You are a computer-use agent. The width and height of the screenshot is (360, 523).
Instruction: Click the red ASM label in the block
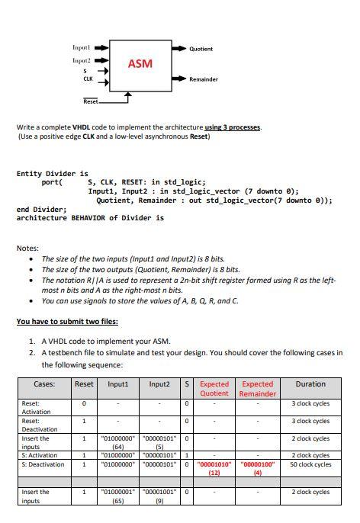coord(140,64)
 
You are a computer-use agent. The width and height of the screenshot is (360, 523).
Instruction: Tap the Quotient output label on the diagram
coord(201,49)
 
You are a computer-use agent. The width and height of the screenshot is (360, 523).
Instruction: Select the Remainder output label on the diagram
coord(203,79)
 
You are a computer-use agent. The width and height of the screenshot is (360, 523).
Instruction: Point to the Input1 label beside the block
coord(81,47)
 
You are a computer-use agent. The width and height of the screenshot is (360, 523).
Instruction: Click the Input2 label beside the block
coord(81,59)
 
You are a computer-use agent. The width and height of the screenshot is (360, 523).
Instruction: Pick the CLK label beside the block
coord(87,79)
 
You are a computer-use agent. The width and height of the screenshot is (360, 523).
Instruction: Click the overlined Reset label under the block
coord(90,101)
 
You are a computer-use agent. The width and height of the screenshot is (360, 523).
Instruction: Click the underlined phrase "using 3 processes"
coord(233,127)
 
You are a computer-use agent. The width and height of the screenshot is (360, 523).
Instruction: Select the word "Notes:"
coord(27,248)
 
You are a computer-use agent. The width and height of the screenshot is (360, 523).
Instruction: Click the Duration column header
coord(310,383)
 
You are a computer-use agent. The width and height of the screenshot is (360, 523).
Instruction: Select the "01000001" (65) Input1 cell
coord(118,496)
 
